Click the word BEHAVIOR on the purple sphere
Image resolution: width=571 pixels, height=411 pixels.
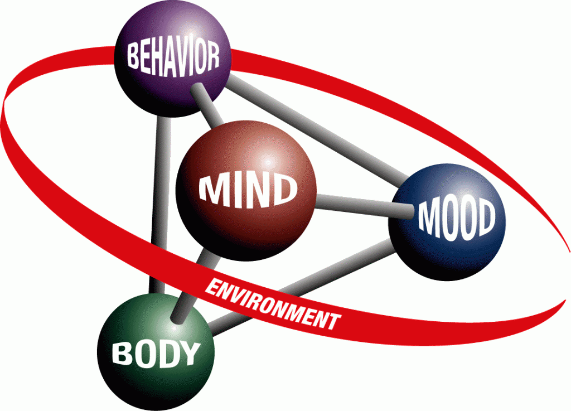click(173, 58)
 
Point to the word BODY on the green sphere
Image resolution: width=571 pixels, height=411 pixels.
click(156, 353)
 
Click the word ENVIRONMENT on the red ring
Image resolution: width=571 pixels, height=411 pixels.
click(272, 304)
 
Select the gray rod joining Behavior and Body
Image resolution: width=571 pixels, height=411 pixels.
click(161, 204)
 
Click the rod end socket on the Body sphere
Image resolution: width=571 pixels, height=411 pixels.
click(178, 317)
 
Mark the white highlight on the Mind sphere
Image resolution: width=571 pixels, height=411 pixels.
click(268, 161)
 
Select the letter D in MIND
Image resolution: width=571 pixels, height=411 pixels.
click(283, 189)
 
